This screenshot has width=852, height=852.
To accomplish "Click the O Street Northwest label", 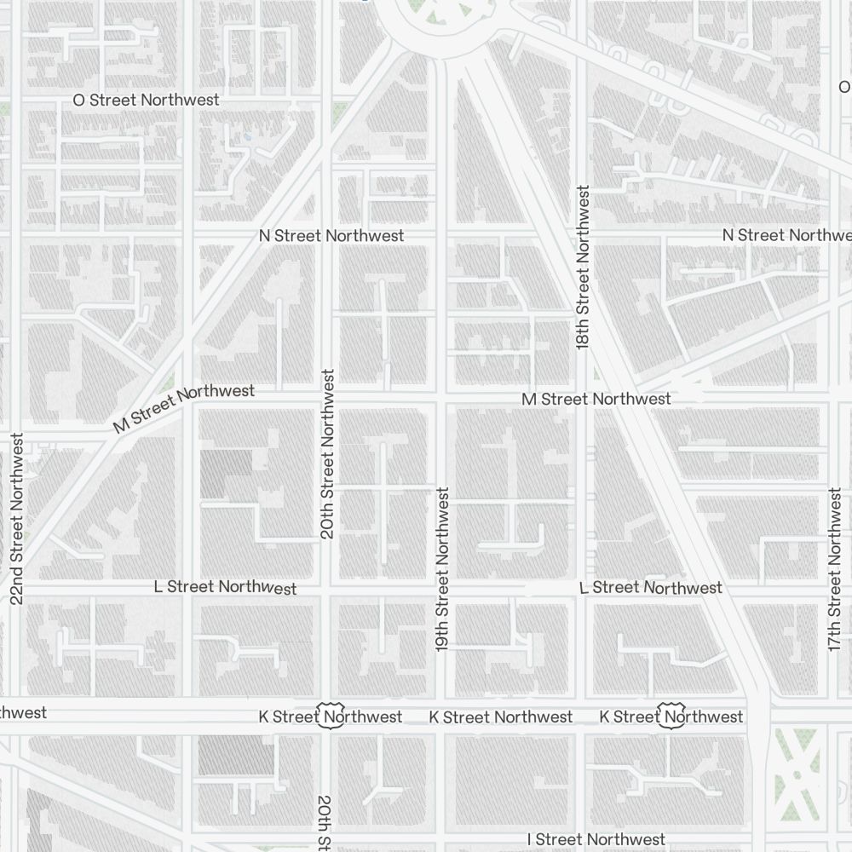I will (x=146, y=100).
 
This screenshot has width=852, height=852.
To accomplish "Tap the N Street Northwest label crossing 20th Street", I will (x=331, y=235).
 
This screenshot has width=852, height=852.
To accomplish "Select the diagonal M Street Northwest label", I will (x=183, y=408).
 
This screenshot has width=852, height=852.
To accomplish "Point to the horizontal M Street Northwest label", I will (x=596, y=399).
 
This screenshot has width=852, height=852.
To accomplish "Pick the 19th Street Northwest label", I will (x=441, y=569).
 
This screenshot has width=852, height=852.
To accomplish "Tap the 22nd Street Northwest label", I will (x=17, y=519).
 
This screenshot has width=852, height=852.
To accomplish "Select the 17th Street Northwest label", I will (x=835, y=569).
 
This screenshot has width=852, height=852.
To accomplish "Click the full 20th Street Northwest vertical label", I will (x=327, y=454).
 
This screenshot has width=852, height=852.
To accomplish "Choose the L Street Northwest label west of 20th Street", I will (x=225, y=587).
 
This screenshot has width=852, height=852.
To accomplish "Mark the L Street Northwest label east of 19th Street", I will (x=650, y=588).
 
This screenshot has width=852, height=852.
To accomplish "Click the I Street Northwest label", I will (x=596, y=840).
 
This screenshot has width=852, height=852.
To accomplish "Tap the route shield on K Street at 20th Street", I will (x=330, y=716).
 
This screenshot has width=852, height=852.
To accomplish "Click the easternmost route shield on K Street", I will (x=672, y=716).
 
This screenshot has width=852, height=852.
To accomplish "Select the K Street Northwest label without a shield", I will (x=501, y=717).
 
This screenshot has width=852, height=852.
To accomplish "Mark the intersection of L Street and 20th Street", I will (x=327, y=588).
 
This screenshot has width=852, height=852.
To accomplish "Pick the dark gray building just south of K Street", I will (x=236, y=756).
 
